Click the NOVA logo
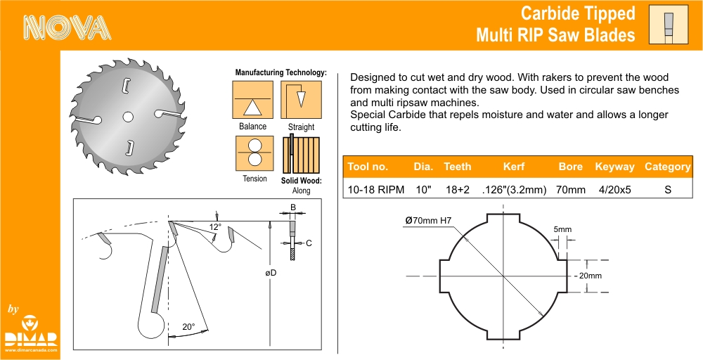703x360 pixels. click(67, 28)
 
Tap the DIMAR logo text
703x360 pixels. click(30, 339)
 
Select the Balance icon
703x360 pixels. click(252, 100)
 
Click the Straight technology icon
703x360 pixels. click(301, 100)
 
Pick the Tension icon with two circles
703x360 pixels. click(254, 153)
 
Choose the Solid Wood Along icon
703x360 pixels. click(301, 154)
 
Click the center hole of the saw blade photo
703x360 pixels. click(128, 117)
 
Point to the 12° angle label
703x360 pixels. click(215, 227)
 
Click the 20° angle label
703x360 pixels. click(188, 327)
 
